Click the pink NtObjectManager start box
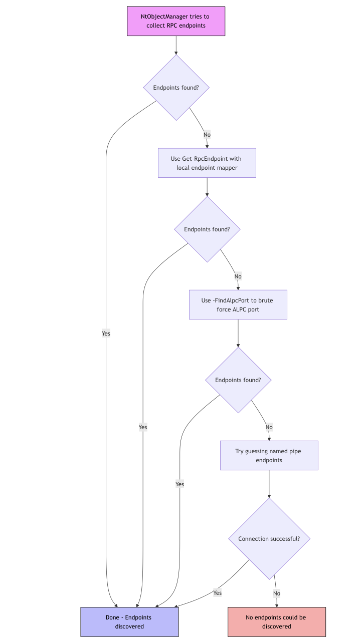point(176,21)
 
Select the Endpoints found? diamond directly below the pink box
point(176,88)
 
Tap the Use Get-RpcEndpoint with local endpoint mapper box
point(207,163)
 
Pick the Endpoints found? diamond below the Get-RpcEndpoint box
point(207,229)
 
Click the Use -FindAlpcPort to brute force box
point(238,305)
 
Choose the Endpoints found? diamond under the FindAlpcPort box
point(238,380)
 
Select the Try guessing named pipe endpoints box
point(269,456)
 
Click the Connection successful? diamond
point(269,539)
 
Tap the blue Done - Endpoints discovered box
point(129,622)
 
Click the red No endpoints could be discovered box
point(277,622)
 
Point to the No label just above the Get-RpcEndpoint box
point(207,135)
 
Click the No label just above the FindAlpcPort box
point(238,276)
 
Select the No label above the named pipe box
point(269,427)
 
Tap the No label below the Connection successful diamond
point(277,593)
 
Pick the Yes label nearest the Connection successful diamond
point(218,593)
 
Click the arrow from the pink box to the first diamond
point(176,46)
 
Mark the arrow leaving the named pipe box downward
point(269,484)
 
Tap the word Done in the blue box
point(112,617)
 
